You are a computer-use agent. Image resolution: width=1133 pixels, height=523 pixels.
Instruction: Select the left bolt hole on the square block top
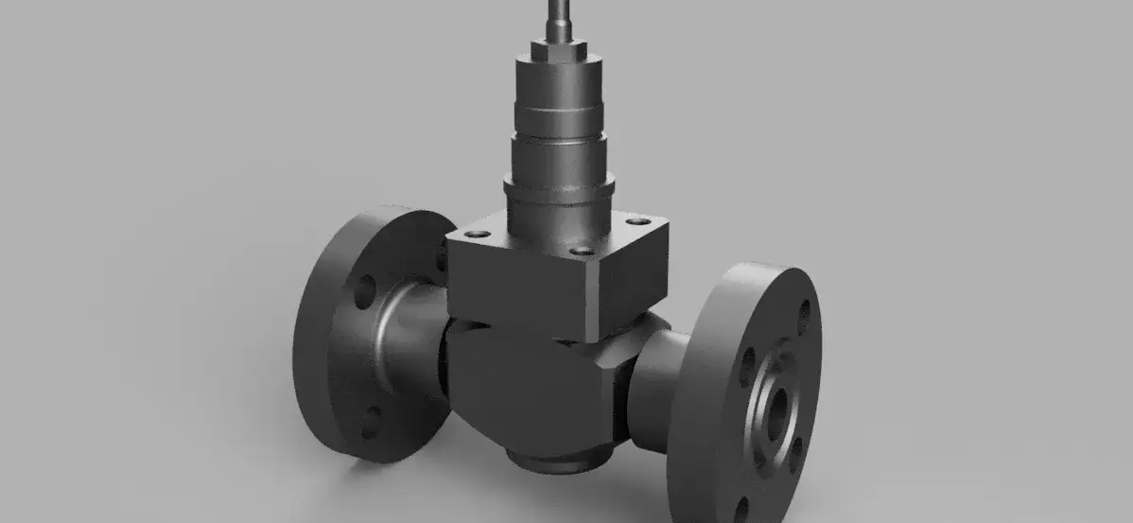(479, 233)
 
